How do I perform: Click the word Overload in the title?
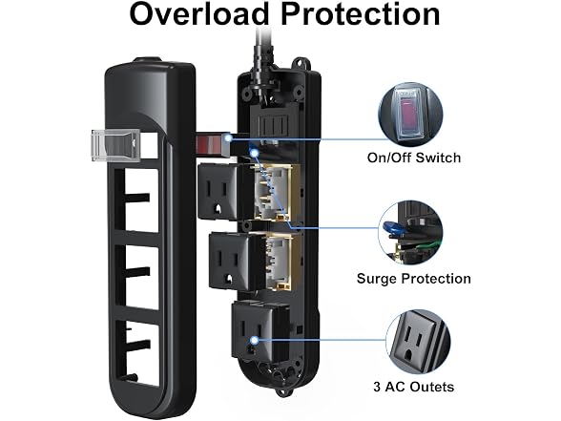[x=198, y=14]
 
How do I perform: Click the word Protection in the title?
[x=361, y=14]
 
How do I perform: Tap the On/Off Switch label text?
[x=414, y=158]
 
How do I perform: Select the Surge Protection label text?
[x=414, y=279]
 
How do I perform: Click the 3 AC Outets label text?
[x=414, y=387]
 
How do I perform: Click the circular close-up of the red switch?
[x=410, y=115]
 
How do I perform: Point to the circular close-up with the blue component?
[x=410, y=233]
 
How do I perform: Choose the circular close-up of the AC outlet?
[x=418, y=342]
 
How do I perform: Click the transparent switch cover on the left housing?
[x=115, y=145]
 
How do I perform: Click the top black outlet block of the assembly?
[x=221, y=192]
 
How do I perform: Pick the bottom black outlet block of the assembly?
[x=255, y=331]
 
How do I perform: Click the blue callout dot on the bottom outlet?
[x=255, y=340]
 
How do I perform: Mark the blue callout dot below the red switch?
[x=255, y=153]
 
